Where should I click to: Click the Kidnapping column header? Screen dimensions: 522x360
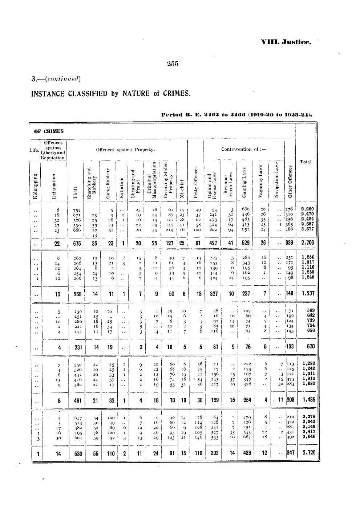coord(35,185)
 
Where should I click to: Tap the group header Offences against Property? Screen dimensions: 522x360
coord(126,150)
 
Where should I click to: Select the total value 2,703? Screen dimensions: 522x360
coord(308,243)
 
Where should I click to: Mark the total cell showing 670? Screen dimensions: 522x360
coord(310,346)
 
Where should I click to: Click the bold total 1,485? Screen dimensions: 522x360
coord(308,400)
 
